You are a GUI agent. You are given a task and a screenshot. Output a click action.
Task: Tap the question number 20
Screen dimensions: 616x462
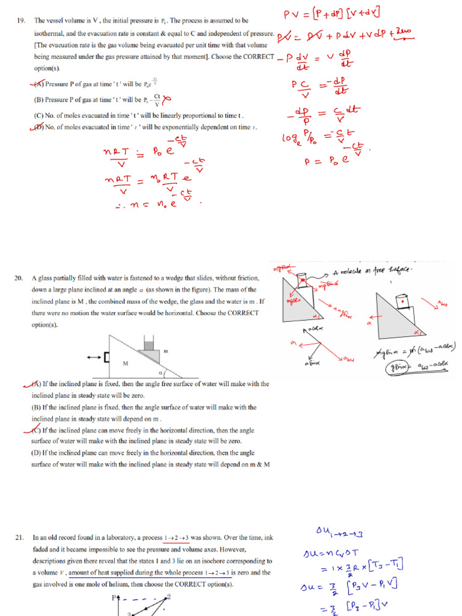19,279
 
